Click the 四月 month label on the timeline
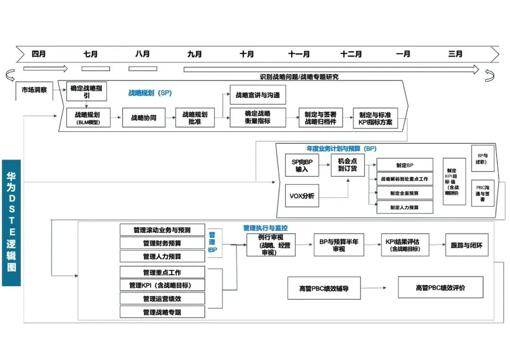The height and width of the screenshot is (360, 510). [x=39, y=54]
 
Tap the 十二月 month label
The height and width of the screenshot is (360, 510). [x=351, y=54]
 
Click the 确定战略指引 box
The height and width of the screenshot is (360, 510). [x=86, y=92]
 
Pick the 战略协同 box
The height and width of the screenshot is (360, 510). [x=144, y=117]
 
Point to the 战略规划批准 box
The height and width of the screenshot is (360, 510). [x=195, y=117]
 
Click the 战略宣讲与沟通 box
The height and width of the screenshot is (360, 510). [x=257, y=95]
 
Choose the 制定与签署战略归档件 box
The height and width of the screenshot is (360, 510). [x=321, y=117]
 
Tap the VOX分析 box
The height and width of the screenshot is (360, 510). [x=301, y=196]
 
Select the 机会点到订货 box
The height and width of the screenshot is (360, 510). [x=347, y=165]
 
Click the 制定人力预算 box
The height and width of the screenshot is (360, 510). [x=405, y=207]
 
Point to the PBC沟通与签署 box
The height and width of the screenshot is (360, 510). [x=483, y=193]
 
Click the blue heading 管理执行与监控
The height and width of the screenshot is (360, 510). [x=265, y=228]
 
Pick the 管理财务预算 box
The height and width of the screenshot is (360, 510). [x=162, y=243]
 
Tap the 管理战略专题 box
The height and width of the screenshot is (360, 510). [x=162, y=312]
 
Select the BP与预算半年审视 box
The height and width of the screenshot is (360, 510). [x=339, y=245]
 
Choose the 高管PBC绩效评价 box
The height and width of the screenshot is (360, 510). [x=440, y=288]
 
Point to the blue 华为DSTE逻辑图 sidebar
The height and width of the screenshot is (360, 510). [x=11, y=223]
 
